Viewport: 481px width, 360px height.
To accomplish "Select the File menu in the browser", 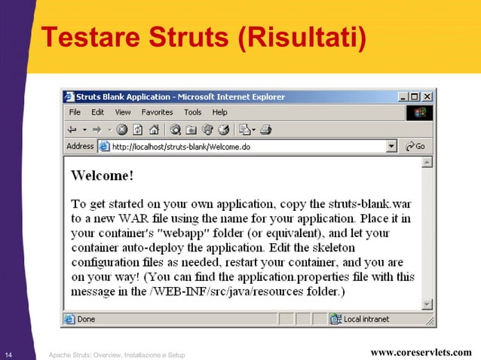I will click(x=75, y=112).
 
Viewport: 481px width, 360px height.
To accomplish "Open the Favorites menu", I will click(x=157, y=112).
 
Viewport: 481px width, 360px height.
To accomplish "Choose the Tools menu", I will click(x=194, y=112).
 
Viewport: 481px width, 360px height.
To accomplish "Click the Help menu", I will click(x=219, y=112).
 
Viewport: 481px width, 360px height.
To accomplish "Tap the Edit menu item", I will click(x=98, y=112).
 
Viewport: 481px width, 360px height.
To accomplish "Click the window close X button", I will click(x=427, y=96).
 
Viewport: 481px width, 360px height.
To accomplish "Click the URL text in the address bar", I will click(x=181, y=147).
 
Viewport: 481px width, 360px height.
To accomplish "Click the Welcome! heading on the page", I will click(x=102, y=175).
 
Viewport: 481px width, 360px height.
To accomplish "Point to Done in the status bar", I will click(x=86, y=319).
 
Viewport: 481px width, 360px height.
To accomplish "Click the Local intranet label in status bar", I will click(x=366, y=319).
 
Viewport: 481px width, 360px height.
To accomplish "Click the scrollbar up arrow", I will click(x=427, y=162).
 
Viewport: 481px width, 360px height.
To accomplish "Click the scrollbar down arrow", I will click(x=427, y=304).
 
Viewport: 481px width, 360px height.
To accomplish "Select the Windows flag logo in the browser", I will click(x=420, y=113).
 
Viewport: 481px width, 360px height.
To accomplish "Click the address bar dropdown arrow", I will click(x=391, y=147).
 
